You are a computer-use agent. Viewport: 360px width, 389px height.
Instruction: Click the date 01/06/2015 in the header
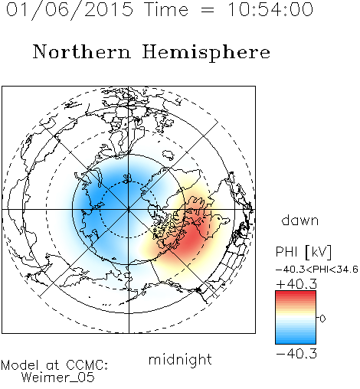click(70, 10)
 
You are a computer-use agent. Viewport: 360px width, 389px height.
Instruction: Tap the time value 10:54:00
click(270, 9)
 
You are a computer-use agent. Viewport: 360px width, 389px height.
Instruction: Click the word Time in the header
click(166, 9)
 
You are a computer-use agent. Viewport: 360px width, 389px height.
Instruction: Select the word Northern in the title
click(81, 51)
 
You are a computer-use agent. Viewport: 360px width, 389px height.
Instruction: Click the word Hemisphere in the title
click(206, 53)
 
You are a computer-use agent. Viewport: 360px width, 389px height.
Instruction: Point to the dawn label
click(300, 220)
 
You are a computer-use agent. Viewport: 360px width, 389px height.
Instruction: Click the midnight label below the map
click(180, 359)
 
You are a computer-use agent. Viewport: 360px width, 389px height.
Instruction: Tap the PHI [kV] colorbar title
click(303, 252)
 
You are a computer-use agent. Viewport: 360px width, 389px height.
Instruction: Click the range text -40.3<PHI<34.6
click(317, 270)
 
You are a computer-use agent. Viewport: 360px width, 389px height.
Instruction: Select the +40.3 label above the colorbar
click(296, 284)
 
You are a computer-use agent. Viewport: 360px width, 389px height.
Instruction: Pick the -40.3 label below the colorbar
click(296, 354)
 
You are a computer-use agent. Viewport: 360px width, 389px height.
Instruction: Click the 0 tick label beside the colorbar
click(322, 319)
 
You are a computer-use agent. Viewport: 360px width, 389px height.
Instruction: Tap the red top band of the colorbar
click(296, 295)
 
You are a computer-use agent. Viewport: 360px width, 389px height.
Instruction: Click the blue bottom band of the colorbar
click(296, 339)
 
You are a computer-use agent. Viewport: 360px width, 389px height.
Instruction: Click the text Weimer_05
click(57, 378)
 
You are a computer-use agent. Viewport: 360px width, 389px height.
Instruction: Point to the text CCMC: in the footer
click(87, 365)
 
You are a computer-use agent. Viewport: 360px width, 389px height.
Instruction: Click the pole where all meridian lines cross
click(129, 210)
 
